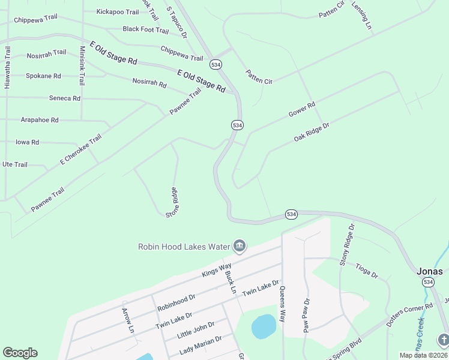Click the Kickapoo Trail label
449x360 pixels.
point(118,12)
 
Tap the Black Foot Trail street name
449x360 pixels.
point(145,29)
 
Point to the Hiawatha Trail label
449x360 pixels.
point(8,68)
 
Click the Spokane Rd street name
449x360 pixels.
point(43,76)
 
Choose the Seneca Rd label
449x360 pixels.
point(64,98)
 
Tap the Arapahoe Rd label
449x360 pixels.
point(40,120)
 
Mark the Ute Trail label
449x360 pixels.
point(15,164)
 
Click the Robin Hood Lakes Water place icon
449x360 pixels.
point(240,246)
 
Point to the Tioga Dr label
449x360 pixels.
point(366,271)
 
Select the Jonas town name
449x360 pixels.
point(430,271)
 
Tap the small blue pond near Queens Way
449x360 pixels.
point(264,326)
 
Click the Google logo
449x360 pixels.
point(20,353)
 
